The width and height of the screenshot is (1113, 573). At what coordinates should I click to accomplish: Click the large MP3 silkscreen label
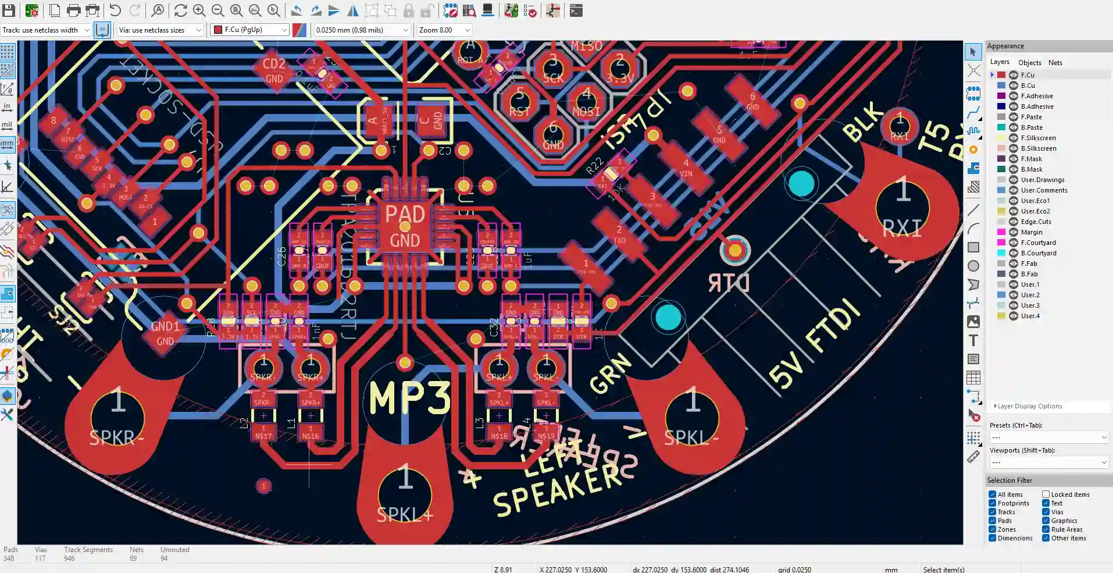[x=409, y=398]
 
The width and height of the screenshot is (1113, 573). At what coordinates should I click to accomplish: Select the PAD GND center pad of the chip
[x=405, y=227]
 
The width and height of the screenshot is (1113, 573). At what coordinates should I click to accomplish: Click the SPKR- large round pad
[x=118, y=417]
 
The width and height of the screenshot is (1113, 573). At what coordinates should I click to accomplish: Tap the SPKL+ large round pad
[x=405, y=494]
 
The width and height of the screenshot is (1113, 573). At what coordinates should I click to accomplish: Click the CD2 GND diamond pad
[x=274, y=70]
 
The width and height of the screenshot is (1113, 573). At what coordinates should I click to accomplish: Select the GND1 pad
[x=165, y=333]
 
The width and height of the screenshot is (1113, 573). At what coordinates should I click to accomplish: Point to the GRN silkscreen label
[x=610, y=373]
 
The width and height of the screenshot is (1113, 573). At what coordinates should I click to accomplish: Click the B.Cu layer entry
[x=1028, y=86]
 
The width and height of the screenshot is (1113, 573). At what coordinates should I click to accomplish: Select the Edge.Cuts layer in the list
[x=1036, y=222]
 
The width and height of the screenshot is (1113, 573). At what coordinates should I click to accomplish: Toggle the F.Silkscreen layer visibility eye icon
[x=1014, y=138]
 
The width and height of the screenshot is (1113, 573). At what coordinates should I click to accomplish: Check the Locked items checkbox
[x=1046, y=494]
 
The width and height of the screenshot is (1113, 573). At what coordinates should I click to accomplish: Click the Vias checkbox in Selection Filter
[x=1046, y=512]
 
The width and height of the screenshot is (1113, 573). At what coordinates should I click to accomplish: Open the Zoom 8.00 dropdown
[x=444, y=30]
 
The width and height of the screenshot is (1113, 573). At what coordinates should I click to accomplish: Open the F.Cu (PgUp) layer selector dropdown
[x=249, y=30]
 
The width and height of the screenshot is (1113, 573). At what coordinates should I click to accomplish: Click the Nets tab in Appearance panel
[x=1055, y=63]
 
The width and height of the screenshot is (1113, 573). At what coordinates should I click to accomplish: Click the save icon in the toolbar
[x=9, y=10]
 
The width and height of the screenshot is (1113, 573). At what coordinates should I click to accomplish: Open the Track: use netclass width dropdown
[x=46, y=30]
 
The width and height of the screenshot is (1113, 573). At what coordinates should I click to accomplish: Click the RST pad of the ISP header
[x=519, y=102]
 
